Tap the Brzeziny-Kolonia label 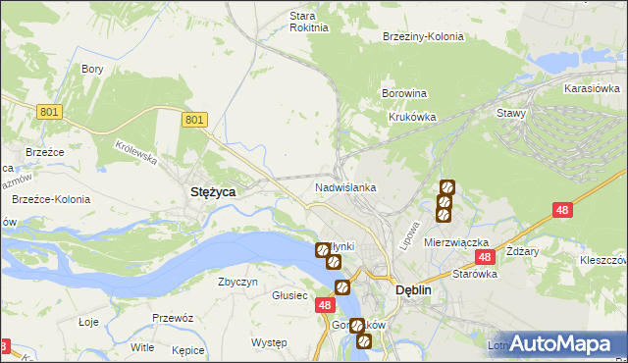[x=423, y=36]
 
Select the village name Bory [x=93, y=69]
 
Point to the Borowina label [x=403, y=94]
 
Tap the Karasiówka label [x=591, y=88]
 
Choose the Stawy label [x=511, y=113]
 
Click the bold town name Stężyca [x=211, y=193]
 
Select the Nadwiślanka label [x=345, y=186]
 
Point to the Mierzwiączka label [x=456, y=241]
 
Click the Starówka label [x=475, y=275]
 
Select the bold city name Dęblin [x=414, y=290]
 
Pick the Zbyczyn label [x=237, y=282]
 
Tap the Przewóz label [x=172, y=319]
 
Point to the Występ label [x=268, y=342]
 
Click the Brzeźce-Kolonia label [x=50, y=199]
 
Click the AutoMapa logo [x=560, y=343]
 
